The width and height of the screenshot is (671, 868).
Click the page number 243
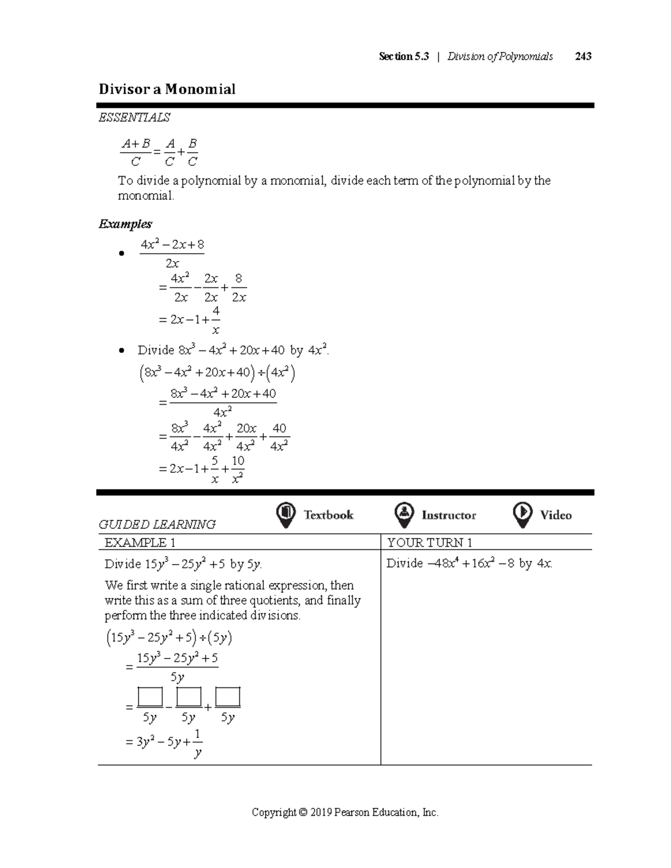(x=583, y=56)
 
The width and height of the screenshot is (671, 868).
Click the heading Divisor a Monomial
(x=167, y=89)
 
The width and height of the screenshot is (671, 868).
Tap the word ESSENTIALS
(x=134, y=117)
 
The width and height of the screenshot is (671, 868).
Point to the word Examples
(x=125, y=224)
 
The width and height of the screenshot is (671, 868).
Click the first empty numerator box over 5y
(x=149, y=697)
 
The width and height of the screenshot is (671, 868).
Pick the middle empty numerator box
(x=188, y=697)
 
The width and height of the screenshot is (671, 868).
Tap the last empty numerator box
(x=228, y=697)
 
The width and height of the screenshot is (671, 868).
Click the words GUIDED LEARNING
(x=157, y=524)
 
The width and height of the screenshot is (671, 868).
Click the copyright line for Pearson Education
(x=345, y=813)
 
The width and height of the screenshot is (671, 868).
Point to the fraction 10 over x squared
(x=237, y=469)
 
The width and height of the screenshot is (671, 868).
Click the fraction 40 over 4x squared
(x=278, y=437)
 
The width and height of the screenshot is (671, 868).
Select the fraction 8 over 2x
(x=239, y=288)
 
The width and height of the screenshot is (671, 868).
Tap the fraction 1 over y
(x=197, y=743)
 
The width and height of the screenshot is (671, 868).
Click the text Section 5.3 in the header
(x=404, y=56)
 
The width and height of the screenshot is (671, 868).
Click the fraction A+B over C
(x=136, y=153)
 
